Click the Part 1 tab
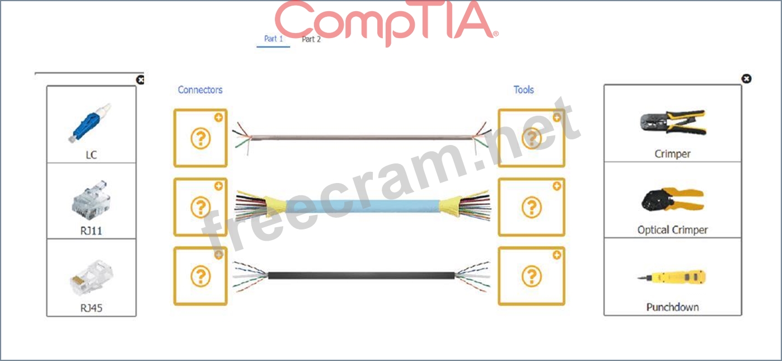273,39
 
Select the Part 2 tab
311,39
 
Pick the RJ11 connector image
90,199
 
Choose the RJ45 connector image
90,276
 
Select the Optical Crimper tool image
672,199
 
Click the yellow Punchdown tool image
672,276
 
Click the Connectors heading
200,90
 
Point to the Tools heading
523,90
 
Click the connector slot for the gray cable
200,138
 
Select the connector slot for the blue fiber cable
200,207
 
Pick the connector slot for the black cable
200,276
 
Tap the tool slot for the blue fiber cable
531,207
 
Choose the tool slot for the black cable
531,276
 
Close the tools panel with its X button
746,79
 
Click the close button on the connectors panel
141,80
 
